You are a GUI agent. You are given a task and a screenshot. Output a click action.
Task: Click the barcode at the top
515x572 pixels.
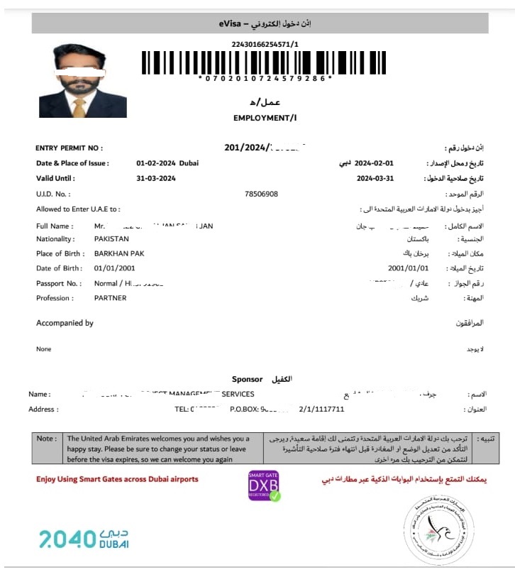(265, 62)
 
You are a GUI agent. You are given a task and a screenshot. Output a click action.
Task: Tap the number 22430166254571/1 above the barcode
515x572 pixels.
(265, 44)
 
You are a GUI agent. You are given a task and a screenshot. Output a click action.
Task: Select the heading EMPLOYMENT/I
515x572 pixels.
(265, 118)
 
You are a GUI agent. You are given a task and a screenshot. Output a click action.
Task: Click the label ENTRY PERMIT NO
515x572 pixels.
(69, 148)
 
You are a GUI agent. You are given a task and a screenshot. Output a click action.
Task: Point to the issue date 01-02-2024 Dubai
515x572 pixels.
(167, 163)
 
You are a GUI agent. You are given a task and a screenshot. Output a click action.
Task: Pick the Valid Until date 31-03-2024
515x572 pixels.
(155, 178)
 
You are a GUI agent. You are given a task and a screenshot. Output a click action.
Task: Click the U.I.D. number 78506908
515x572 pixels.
(261, 194)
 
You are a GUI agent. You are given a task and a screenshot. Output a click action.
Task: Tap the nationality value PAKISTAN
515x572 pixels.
(111, 239)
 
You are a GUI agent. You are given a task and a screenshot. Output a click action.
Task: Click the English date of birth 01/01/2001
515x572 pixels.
(114, 268)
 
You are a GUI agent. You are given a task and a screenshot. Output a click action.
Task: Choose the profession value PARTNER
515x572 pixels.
(110, 298)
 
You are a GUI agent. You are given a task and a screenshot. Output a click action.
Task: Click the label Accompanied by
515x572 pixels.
(65, 324)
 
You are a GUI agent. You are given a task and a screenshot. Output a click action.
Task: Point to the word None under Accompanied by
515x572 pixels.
(43, 349)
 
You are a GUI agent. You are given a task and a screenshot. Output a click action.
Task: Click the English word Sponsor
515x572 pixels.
(247, 380)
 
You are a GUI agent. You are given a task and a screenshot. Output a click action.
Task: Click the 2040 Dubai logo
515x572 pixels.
(84, 538)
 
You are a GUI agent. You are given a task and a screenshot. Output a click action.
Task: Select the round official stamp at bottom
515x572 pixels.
(441, 525)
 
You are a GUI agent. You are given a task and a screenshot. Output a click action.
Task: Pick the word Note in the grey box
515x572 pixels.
(47, 439)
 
